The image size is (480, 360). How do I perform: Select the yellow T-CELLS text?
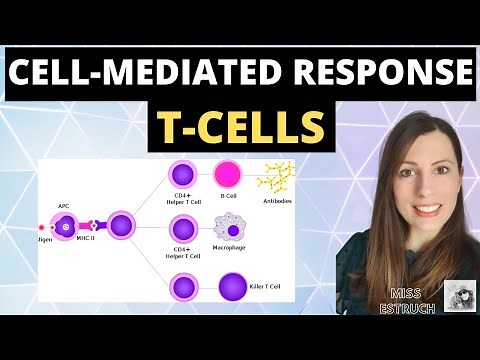[239, 126]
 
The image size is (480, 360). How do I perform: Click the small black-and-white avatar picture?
[458, 297]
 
